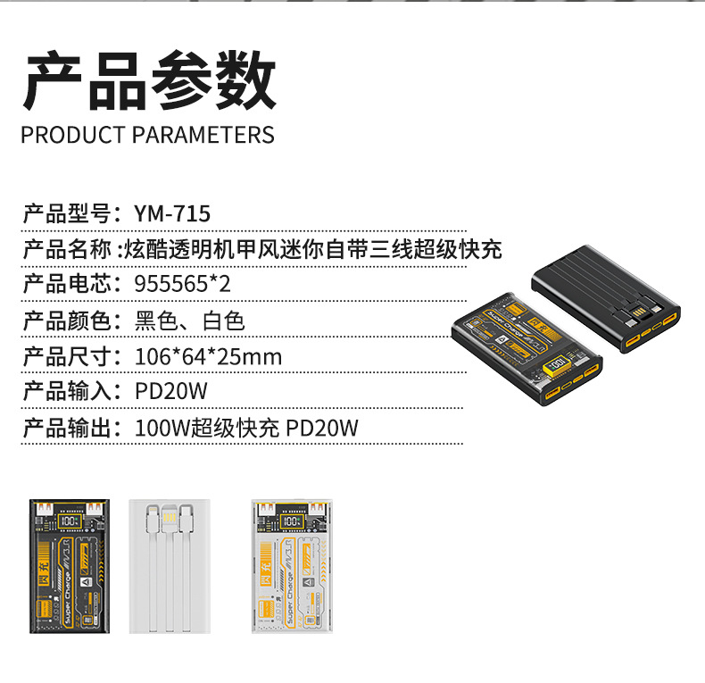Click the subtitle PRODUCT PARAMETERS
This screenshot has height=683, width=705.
click(147, 136)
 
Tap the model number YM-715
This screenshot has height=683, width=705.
click(172, 214)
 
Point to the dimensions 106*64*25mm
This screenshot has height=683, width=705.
click(208, 357)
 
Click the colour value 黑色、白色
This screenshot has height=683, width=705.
click(189, 321)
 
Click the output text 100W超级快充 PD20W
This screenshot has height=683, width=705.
click(246, 429)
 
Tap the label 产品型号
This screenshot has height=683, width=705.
click(66, 214)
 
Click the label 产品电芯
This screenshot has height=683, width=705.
click(66, 285)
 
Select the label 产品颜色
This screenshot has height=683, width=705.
click(66, 321)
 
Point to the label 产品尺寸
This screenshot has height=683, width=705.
click(66, 357)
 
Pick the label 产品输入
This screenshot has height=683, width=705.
click(66, 393)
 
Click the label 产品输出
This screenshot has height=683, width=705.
click(66, 429)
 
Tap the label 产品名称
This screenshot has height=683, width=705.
click(66, 249)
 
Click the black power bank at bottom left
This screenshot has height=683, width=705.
click(70, 565)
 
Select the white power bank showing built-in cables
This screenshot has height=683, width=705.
click(170, 565)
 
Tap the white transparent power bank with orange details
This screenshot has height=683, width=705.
click(292, 565)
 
